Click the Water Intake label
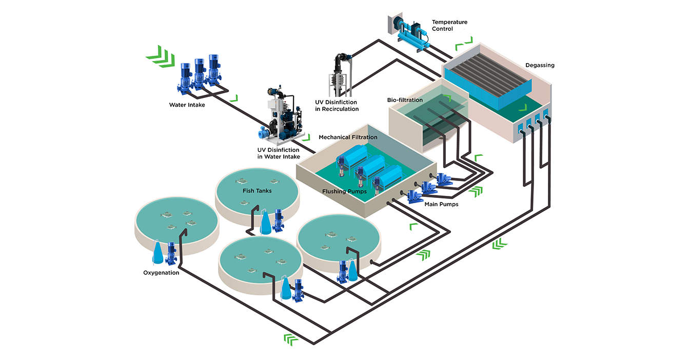tap(187, 105)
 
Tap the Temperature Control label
tap(449, 26)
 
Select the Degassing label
tap(540, 65)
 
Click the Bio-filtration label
tap(405, 99)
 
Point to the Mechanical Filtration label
tap(348, 137)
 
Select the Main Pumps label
tap(441, 204)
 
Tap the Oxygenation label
tap(161, 273)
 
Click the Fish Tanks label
tap(257, 191)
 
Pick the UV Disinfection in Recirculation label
tap(337, 106)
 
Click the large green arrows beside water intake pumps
tap(160, 55)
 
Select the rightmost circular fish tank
tap(339, 241)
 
